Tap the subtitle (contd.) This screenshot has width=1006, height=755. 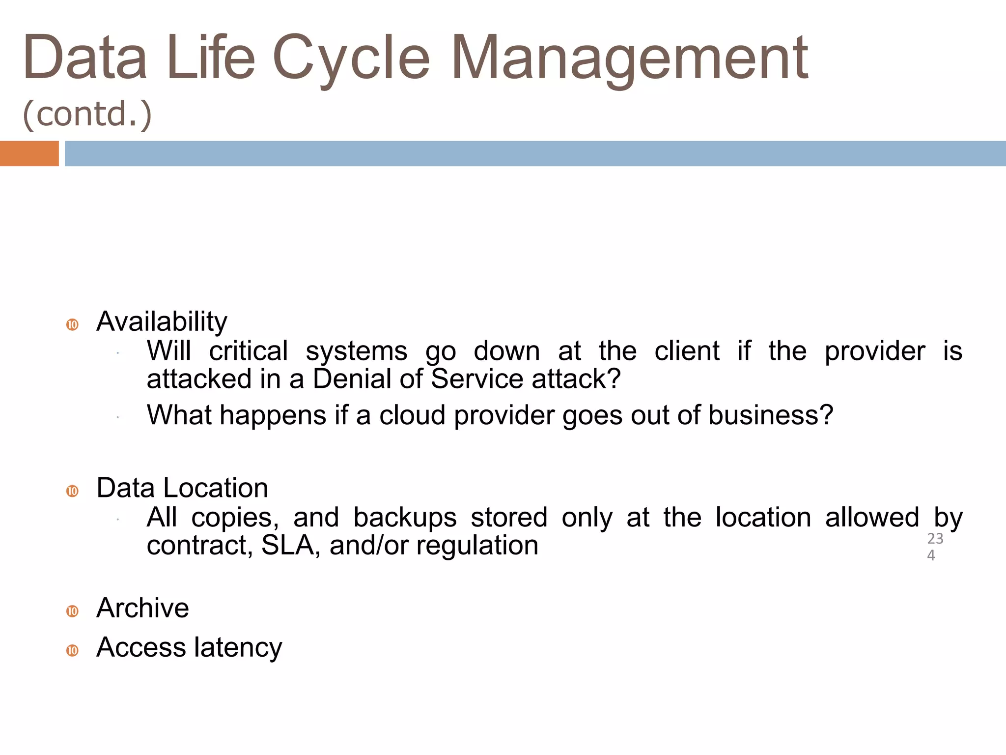pyautogui.click(x=87, y=114)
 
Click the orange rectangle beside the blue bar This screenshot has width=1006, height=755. pyautogui.click(x=29, y=153)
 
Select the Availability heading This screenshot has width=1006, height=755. pyautogui.click(x=162, y=322)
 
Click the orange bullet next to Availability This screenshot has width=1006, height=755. pyautogui.click(x=72, y=325)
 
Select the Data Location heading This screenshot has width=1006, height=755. pyautogui.click(x=182, y=488)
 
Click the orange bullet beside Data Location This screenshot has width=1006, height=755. pyautogui.click(x=72, y=491)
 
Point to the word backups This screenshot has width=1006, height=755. pyautogui.click(x=405, y=518)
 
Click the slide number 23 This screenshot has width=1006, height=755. pyautogui.click(x=935, y=538)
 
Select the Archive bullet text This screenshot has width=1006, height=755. pyautogui.click(x=142, y=608)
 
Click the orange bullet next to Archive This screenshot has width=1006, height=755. pyautogui.click(x=72, y=611)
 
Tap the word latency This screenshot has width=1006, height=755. pyautogui.click(x=238, y=647)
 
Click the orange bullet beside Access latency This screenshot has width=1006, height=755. pyautogui.click(x=72, y=650)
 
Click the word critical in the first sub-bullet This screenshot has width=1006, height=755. pyautogui.click(x=249, y=351)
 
